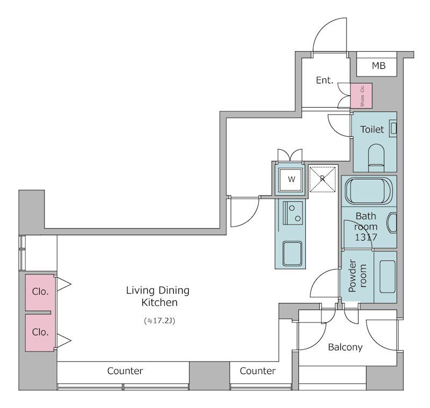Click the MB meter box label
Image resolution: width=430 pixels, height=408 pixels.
pos(379,66)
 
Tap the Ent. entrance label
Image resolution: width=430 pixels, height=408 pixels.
pos(325,80)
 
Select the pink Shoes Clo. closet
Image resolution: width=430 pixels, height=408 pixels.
pos(361,96)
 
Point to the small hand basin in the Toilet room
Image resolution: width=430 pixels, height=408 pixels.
pos(393,129)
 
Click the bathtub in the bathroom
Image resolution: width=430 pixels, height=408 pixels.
pos(369,191)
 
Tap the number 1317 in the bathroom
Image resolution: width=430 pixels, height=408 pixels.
pos(366,237)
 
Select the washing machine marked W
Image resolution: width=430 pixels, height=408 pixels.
pos(291,180)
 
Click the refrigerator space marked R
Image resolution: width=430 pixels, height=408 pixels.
pos(322,179)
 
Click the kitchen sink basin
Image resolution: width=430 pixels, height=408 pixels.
pos(292,254)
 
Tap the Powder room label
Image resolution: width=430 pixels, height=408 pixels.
pos(357,276)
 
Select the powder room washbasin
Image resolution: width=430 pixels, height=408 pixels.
pos(388,277)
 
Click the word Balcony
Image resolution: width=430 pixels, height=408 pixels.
pos(345,347)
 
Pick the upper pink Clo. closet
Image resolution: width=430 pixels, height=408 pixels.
pos(40,292)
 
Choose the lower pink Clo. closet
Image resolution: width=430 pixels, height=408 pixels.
pos(40,333)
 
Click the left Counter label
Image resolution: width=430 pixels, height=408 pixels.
pos(125,371)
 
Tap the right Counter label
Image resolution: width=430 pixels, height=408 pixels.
pos(257,371)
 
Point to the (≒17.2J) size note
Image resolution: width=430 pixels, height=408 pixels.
pos(159,320)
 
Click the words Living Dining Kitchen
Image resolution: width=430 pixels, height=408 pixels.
pos(158,296)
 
